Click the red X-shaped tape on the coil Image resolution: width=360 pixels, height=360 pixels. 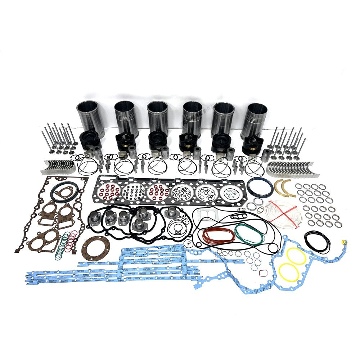click(x=283, y=213)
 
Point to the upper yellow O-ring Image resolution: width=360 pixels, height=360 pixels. click(x=296, y=256)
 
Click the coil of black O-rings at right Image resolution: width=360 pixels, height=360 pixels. click(x=316, y=241)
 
